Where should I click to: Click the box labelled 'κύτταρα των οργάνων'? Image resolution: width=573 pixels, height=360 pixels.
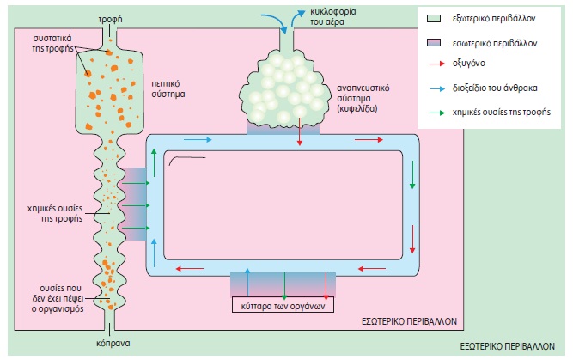click(279, 305)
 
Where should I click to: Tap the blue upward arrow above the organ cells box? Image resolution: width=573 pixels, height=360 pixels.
click(248, 280)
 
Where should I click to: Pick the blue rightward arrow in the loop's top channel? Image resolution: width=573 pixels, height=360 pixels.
click(197, 140)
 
